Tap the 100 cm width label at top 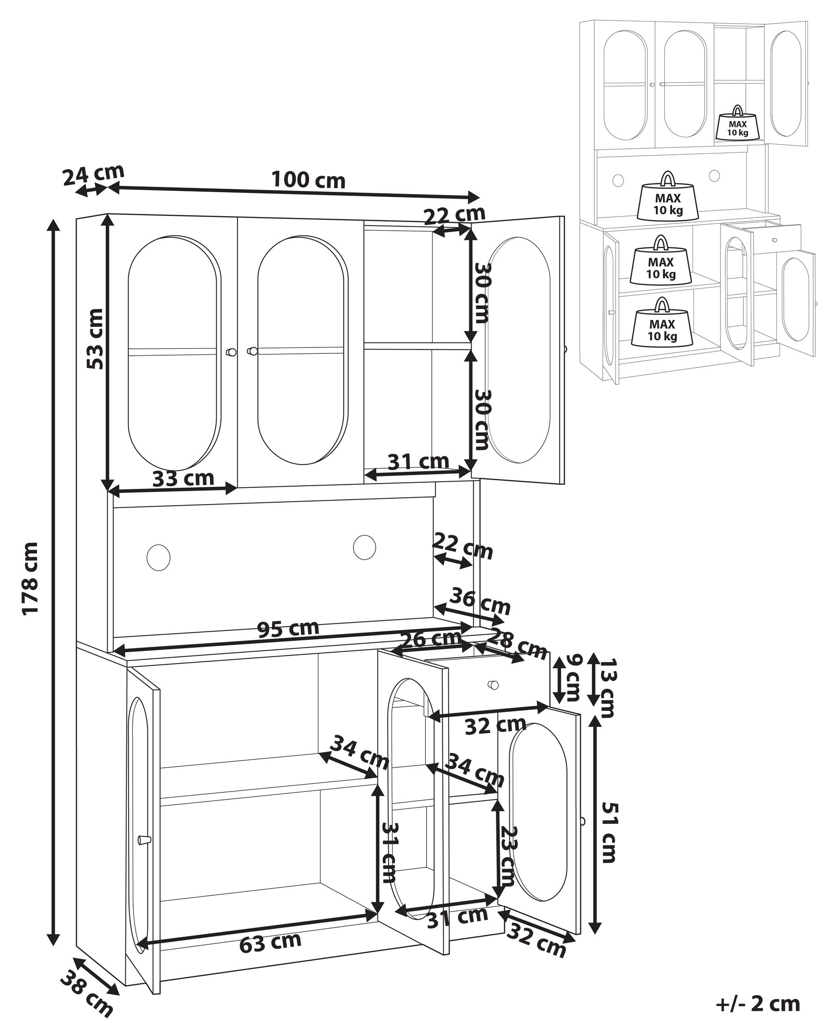pos(308,180)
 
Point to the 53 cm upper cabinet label pos(95,339)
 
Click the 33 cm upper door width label pos(183,478)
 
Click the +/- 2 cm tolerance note pos(758,1003)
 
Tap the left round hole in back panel pos(158,557)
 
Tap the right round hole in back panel pos(364,547)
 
